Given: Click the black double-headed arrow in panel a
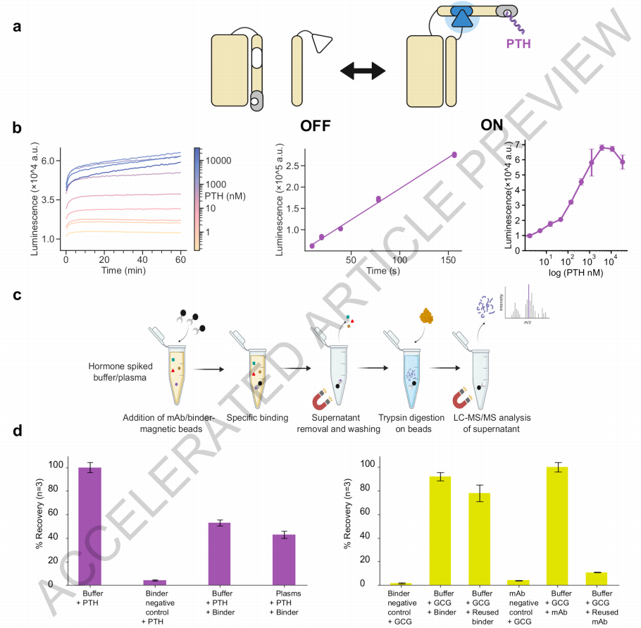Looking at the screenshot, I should [x=363, y=70].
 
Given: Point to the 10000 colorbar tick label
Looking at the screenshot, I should [x=220, y=160].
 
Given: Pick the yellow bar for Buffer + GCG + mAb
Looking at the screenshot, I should [x=556, y=525].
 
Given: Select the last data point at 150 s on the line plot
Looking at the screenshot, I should [x=454, y=154].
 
